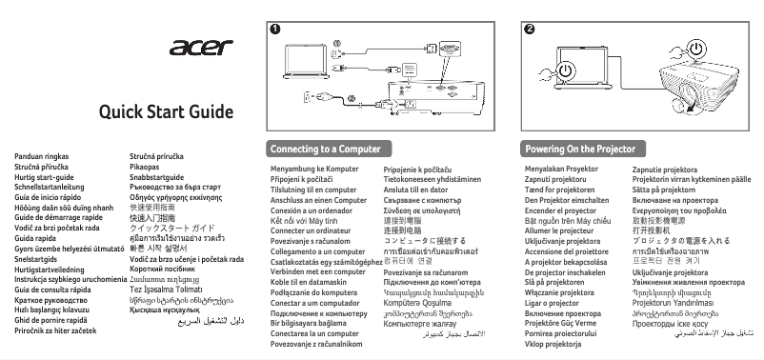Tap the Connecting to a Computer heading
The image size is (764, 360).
[x=318, y=150]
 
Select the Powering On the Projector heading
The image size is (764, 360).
[x=580, y=150]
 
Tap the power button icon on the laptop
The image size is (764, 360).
[x=568, y=70]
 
